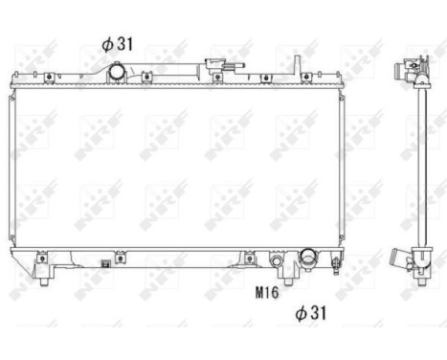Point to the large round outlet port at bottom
point(309,258)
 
